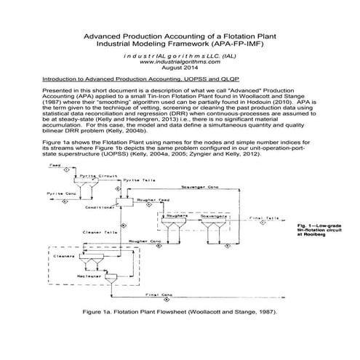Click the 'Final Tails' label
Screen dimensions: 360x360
pos(264,217)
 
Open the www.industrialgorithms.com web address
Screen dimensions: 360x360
pos(180,60)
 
